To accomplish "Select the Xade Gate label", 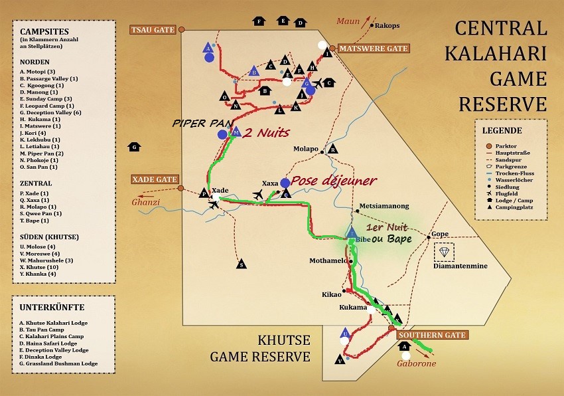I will (x=153, y=179).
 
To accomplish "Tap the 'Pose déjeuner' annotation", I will (x=334, y=181).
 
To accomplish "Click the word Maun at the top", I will (x=347, y=21).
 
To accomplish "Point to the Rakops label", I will (x=388, y=26).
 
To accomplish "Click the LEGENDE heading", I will (x=502, y=130).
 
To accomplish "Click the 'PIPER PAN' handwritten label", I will (x=196, y=123).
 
